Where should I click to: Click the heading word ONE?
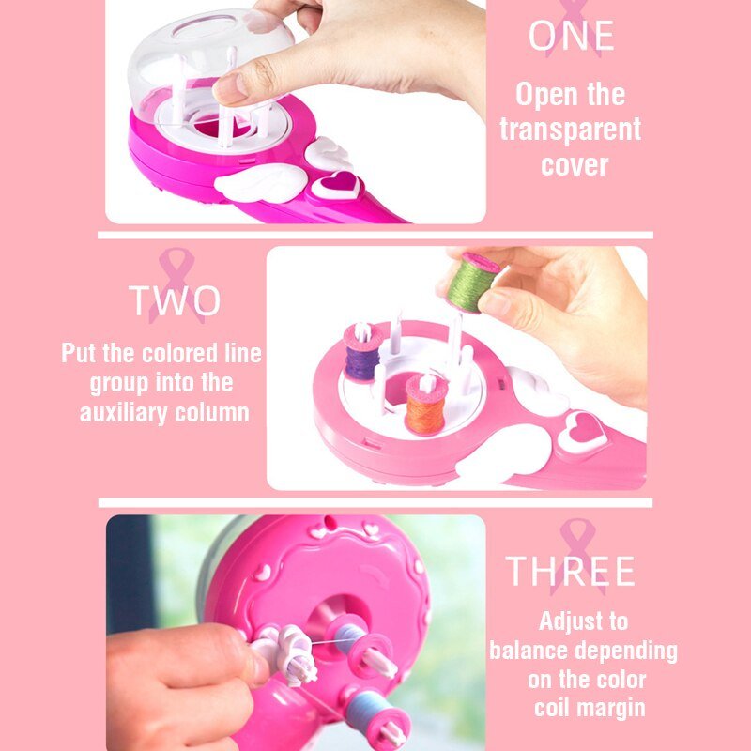[x=571, y=37]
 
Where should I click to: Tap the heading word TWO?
[x=175, y=300]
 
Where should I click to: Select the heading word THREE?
[x=571, y=571]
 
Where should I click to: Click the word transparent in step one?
[x=570, y=130]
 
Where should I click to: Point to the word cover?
[x=575, y=164]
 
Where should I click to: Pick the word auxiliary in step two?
[x=125, y=412]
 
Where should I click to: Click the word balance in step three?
[x=533, y=651]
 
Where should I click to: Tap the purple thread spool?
[x=361, y=354]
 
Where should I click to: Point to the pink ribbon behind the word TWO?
[x=174, y=282]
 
